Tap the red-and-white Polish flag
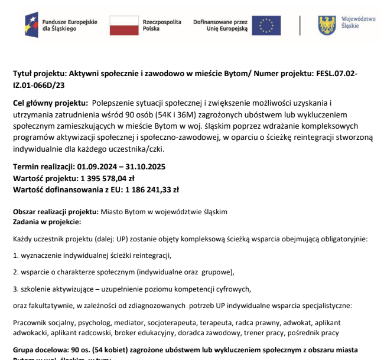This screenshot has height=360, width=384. (123, 25)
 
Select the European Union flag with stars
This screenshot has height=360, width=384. (266, 25)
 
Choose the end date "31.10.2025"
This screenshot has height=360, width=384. (144, 167)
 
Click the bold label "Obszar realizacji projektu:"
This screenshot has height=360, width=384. (56, 211)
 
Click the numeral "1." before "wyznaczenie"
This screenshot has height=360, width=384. (16, 255)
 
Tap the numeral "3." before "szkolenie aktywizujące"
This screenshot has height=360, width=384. (16, 289)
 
